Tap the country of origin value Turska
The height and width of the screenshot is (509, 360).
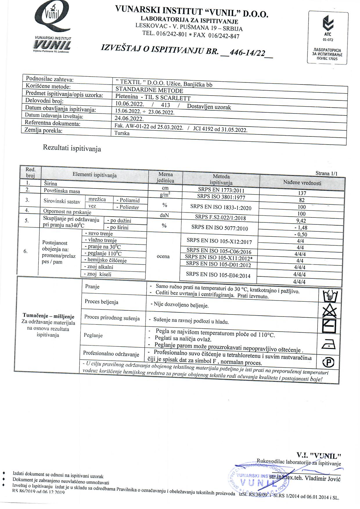[122, 133]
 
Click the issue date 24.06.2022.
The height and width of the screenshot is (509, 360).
[129, 118]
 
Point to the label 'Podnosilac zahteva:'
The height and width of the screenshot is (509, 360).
[50, 79]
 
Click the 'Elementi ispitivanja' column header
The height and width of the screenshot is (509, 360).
[95, 175]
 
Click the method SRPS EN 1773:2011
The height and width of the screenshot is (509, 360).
[221, 190]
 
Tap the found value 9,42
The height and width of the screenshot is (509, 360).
[301, 221]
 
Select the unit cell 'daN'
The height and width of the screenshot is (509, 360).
[164, 215]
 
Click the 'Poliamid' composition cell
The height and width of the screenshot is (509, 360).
[129, 200]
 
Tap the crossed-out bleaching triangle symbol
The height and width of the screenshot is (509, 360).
[330, 312]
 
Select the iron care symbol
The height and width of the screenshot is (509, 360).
[329, 344]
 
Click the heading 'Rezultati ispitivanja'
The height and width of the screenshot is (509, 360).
[72, 148]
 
